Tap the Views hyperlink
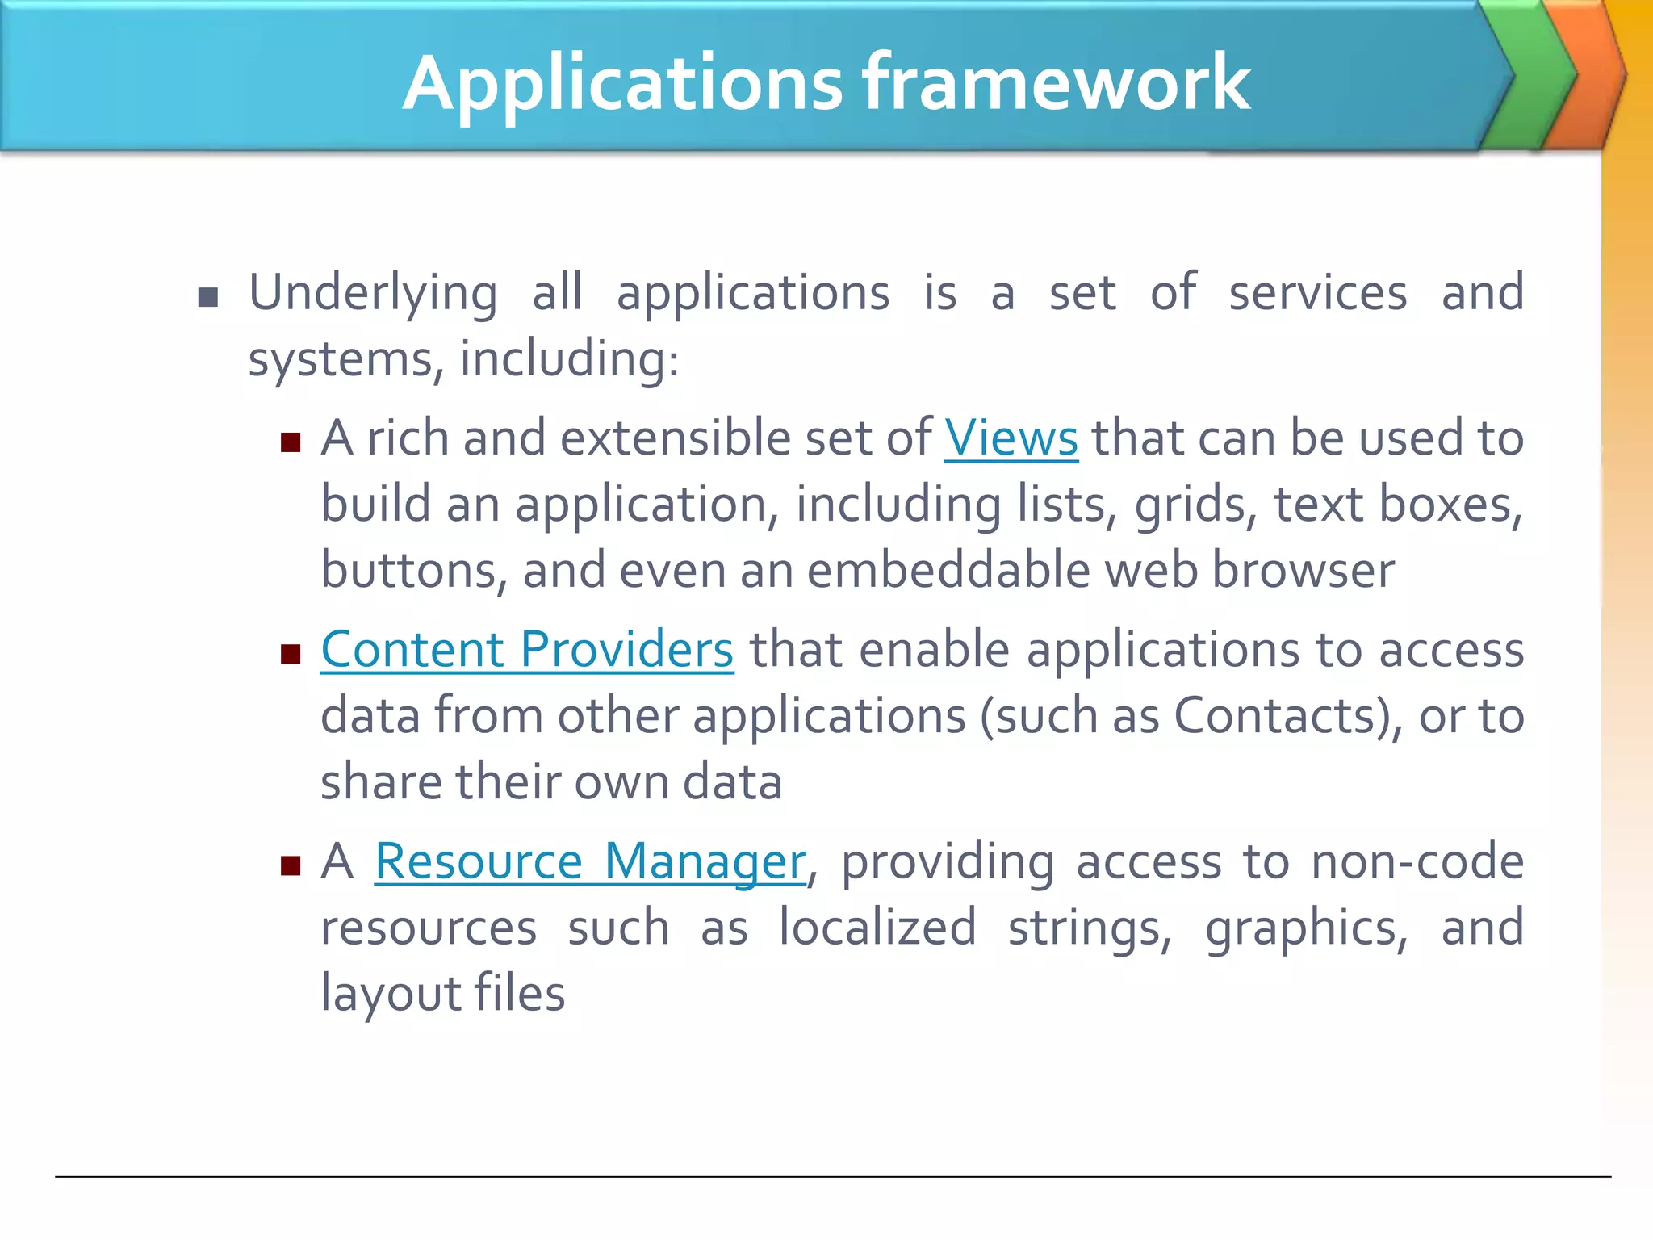[1011, 438]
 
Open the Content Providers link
[527, 650]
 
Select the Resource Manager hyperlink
[590, 861]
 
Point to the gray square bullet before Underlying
[208, 298]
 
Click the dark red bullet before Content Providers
[291, 653]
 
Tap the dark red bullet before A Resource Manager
[291, 866]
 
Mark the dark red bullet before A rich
[291, 442]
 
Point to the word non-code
[1417, 861]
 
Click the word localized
[877, 928]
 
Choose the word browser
[1303, 570]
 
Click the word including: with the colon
[569, 359]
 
